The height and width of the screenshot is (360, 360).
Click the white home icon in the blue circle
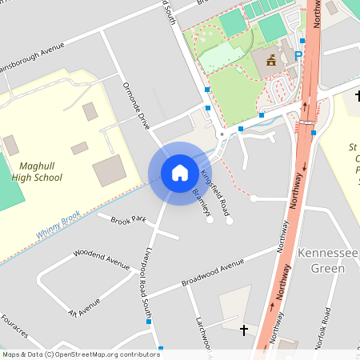point(180,173)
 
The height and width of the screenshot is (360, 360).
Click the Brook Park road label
point(129,219)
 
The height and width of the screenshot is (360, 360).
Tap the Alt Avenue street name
point(85,306)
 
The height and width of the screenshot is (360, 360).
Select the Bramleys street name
point(201,202)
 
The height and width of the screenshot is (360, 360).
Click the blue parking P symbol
point(298,56)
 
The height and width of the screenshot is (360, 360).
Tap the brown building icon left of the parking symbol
point(271,59)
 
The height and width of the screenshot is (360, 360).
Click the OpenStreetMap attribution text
point(80,354)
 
